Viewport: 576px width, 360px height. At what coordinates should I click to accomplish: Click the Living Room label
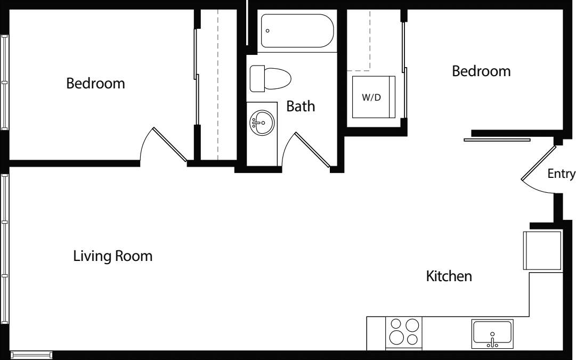(112, 256)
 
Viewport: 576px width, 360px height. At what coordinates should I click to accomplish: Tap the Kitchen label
(449, 276)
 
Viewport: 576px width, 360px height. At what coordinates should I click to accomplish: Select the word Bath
(301, 106)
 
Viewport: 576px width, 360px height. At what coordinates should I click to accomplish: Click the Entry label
(561, 174)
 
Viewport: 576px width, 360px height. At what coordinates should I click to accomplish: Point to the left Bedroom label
(95, 84)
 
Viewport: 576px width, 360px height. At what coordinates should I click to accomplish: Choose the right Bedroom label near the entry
(481, 71)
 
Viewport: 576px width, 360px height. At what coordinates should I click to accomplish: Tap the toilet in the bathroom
(270, 78)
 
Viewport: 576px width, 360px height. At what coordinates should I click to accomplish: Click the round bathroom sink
(261, 123)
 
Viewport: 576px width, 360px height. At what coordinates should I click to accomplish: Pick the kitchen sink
(492, 333)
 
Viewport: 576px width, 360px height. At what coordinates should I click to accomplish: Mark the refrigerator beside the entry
(542, 250)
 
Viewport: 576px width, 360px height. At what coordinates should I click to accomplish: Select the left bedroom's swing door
(169, 144)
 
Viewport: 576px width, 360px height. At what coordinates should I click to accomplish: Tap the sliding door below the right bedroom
(497, 140)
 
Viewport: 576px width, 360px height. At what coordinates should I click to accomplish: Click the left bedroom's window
(5, 83)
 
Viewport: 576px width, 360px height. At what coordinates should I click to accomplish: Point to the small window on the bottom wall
(31, 354)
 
